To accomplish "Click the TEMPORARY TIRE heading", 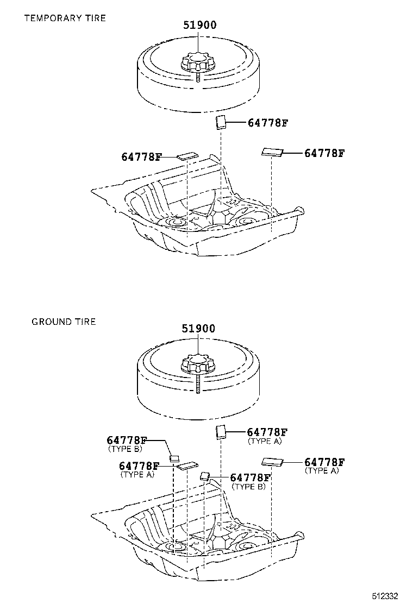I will tap(65, 18).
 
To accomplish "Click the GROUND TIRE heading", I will tap(64, 322).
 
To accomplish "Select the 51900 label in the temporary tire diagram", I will tap(198, 25).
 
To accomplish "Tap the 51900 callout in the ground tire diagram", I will tap(198, 329).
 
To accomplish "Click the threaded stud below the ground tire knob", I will tap(198, 383).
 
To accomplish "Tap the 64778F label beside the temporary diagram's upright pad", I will tap(267, 123).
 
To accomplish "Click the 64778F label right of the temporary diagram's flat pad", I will tap(324, 153).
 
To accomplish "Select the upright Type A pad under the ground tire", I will tap(221, 432).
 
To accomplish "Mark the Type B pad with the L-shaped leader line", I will tap(174, 458).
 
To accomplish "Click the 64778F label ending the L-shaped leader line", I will tap(127, 441).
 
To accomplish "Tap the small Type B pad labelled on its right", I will tap(205, 477).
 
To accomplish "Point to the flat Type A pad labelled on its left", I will tap(188, 465).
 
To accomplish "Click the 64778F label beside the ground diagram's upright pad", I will tap(267, 432).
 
